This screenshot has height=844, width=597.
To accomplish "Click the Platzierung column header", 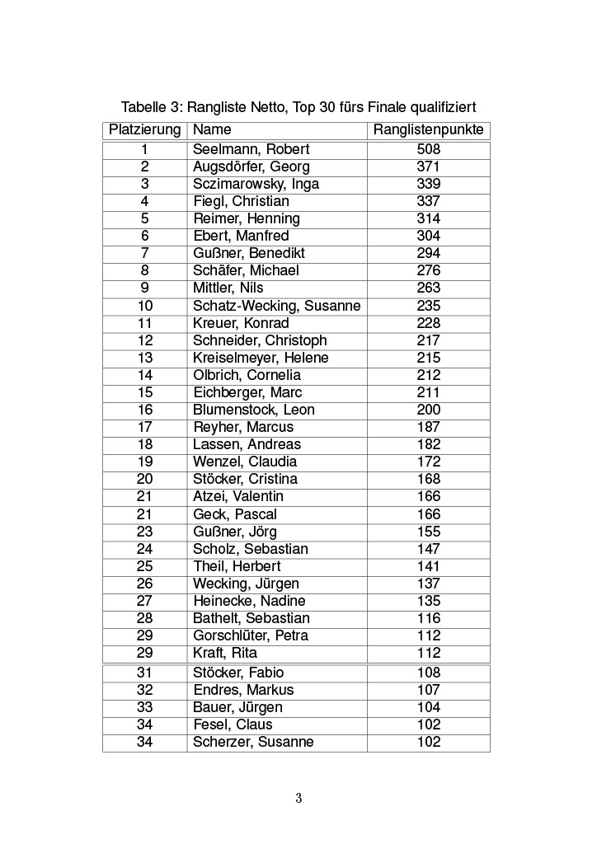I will tap(144, 130).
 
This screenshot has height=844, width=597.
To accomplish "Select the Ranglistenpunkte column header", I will tap(428, 130).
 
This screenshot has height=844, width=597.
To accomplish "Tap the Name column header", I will tap(212, 130).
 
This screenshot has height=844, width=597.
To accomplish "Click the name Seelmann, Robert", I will tap(251, 149).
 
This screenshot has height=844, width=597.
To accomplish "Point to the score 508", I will tap(428, 149).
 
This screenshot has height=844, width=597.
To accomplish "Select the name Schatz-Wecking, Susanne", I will tap(276, 306).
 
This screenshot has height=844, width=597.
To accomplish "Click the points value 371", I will tap(428, 166).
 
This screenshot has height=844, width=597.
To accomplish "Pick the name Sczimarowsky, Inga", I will tap(256, 184).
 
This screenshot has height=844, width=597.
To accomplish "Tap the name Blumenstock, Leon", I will tap(253, 410).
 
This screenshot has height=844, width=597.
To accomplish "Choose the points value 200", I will tap(428, 410).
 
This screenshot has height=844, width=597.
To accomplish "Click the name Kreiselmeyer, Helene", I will tap(261, 358).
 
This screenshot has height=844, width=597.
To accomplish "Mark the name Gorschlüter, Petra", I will tap(250, 635).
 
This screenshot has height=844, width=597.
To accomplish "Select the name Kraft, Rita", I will tap(224, 653).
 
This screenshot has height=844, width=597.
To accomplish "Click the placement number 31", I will tap(144, 673).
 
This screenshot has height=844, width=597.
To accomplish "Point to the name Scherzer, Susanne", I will tap(253, 742).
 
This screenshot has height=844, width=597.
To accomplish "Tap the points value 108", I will tap(428, 673).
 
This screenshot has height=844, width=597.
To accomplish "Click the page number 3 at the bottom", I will tap(298, 798).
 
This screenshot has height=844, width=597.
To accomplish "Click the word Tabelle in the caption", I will tap(143, 108).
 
